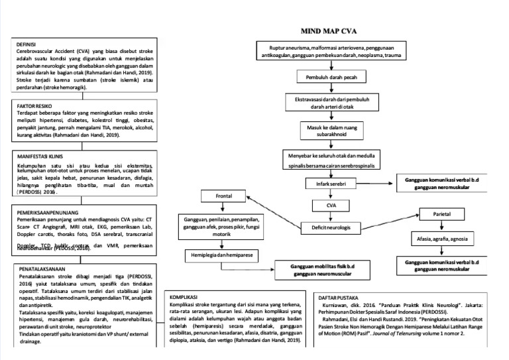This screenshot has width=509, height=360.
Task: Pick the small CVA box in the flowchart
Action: (x=331, y=206)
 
